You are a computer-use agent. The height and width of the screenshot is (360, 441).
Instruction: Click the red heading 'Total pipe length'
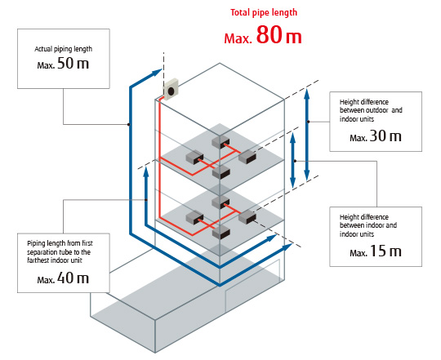(x=264, y=12)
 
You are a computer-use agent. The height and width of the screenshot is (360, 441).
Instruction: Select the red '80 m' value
(x=278, y=35)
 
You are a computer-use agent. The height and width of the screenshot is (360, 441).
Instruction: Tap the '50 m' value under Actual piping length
(x=73, y=63)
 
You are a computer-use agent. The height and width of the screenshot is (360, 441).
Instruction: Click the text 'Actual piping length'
(x=63, y=49)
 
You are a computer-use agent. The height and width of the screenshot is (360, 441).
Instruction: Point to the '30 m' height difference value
(x=385, y=136)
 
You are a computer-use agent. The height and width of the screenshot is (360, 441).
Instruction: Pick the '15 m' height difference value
(x=385, y=251)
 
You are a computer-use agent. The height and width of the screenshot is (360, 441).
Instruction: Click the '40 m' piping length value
(x=73, y=278)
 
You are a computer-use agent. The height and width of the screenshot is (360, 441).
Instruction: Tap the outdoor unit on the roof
(x=171, y=89)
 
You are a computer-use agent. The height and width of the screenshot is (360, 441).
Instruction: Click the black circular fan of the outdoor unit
(x=171, y=91)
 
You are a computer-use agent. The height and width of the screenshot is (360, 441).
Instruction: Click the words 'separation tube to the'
(x=59, y=252)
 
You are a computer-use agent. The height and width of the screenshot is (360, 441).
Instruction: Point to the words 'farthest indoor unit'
(x=55, y=260)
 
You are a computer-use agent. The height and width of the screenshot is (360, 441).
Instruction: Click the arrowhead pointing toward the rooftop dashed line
(x=157, y=73)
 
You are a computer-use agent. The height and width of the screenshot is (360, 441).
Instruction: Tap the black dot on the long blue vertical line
(x=128, y=124)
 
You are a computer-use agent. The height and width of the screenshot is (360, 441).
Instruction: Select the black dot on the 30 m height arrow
(x=308, y=122)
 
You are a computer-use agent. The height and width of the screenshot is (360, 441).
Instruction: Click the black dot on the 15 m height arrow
(x=295, y=161)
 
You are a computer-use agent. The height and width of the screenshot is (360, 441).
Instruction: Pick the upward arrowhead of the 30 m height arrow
(x=307, y=93)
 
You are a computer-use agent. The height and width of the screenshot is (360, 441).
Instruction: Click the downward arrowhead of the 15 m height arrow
(x=293, y=182)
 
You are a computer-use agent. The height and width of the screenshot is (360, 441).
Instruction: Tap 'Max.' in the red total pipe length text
(x=238, y=38)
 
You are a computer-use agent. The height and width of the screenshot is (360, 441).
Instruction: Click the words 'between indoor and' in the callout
(x=368, y=225)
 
